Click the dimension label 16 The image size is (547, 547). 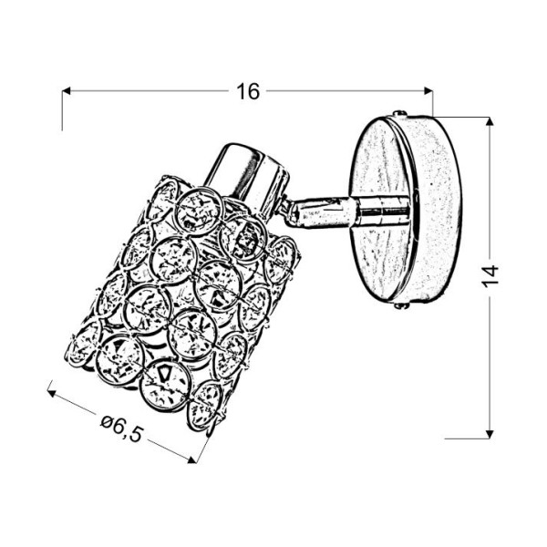247,91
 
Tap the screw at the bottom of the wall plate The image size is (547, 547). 399,308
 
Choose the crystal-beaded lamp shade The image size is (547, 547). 187,301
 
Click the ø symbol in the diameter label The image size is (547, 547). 108,421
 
